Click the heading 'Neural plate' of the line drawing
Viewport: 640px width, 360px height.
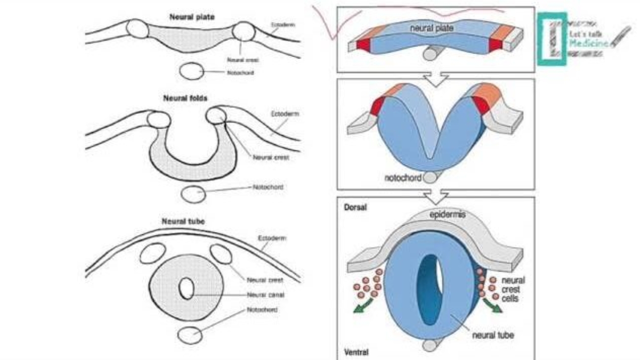185,17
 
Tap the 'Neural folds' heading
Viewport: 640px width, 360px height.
185,98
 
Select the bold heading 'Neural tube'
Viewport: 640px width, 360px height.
184,221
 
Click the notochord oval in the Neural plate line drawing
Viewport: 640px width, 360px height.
190,72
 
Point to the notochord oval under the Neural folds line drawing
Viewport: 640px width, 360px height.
192,194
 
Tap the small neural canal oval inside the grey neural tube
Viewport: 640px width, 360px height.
187,288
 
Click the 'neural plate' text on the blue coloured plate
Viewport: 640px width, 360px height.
431,29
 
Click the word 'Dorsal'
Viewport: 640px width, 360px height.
354,207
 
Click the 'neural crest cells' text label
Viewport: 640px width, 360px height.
512,289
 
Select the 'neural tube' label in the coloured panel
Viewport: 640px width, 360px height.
493,335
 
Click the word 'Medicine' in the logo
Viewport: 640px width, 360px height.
589,43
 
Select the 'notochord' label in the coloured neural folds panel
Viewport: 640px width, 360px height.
402,178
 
